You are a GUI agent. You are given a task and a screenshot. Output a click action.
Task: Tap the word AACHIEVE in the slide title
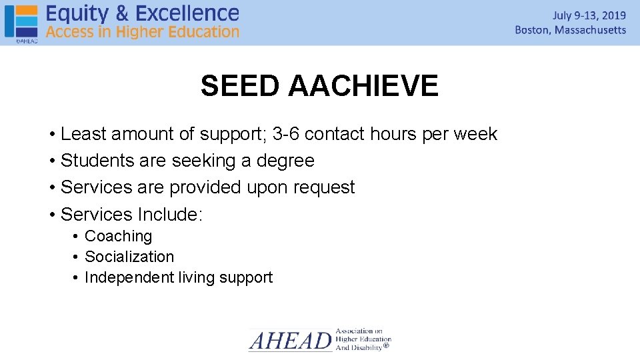pos(364,86)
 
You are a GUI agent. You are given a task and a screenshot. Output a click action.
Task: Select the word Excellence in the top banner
pos(189,13)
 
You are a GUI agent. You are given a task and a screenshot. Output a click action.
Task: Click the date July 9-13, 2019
pos(589,15)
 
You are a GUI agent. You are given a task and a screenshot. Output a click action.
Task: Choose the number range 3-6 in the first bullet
pos(286,134)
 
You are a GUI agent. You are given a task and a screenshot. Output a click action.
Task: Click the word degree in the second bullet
pos(286,161)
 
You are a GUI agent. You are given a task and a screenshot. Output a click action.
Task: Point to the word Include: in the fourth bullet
pos(170,214)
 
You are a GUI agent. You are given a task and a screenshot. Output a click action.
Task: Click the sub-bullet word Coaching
pos(118,236)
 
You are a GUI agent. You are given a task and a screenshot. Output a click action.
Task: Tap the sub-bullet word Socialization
pos(129,257)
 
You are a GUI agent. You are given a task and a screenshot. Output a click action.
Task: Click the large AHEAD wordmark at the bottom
pos(290,341)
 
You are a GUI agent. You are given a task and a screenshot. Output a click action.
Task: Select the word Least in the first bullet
pos(83,134)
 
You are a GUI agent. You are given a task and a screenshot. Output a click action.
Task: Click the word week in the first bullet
pos(475,134)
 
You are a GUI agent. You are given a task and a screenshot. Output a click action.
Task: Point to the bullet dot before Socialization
pos(77,257)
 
